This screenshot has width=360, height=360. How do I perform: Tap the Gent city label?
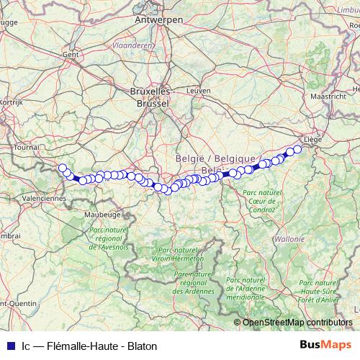pos(71,54)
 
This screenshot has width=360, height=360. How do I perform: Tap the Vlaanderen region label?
pos(132,45)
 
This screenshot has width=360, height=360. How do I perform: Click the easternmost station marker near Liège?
pos(297,149)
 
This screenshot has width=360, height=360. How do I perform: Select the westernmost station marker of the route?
pos(63,168)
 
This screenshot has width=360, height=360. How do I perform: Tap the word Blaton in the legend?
pos(141,346)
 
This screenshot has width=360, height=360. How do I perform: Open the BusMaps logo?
pos(325,345)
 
